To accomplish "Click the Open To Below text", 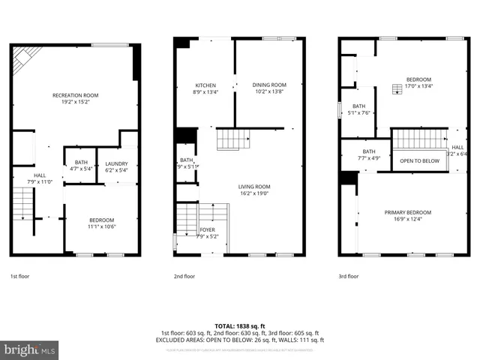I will coord(419,161).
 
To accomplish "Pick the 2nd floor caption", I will coord(184,276).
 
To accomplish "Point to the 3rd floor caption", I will coord(348,276).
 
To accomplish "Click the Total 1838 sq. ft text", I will coord(239,325).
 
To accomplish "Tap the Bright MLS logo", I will coord(29,349).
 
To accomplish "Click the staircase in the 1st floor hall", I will coord(24,202).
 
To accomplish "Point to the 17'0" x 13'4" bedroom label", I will coord(418,82).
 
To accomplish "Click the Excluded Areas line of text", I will coord(239,340).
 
